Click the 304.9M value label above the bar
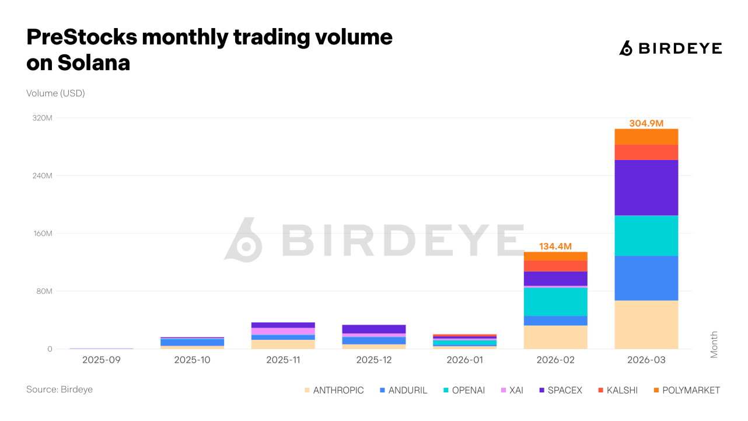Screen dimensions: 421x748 click(646, 123)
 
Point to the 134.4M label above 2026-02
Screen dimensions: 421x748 click(555, 246)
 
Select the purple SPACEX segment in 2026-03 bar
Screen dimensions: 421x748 click(646, 187)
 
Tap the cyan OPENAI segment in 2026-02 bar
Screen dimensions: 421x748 click(555, 301)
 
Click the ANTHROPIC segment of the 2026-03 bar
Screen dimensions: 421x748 click(646, 325)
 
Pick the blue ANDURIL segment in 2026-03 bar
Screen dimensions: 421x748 click(646, 278)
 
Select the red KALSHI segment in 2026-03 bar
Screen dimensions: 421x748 click(646, 152)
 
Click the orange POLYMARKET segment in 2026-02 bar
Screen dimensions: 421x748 click(555, 256)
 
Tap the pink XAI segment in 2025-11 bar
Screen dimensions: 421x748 click(283, 331)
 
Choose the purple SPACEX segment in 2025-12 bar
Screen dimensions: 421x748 click(374, 329)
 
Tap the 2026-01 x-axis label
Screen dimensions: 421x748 click(464, 360)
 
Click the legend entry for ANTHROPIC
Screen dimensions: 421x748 click(333, 390)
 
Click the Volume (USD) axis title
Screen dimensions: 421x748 click(55, 93)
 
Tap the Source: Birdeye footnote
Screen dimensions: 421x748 click(60, 389)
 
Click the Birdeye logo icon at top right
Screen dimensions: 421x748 click(625, 48)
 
